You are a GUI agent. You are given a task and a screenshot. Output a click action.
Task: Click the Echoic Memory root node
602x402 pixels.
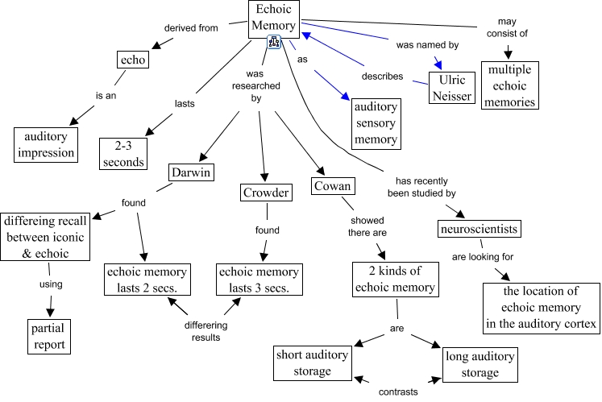point(274,17)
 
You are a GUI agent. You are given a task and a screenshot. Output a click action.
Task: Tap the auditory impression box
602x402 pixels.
point(46,143)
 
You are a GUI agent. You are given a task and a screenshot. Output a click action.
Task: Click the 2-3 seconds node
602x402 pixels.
point(123,152)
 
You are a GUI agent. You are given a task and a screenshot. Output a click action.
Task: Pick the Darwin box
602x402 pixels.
point(191,172)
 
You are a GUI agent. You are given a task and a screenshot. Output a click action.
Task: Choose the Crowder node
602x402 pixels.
point(264,192)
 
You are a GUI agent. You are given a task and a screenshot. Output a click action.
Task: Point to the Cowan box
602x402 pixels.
point(333,188)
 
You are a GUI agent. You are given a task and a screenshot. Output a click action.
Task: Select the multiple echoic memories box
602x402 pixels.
point(510,85)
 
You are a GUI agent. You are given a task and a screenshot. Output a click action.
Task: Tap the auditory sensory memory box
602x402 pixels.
point(376,122)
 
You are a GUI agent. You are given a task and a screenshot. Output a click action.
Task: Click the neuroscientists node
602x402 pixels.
point(479,229)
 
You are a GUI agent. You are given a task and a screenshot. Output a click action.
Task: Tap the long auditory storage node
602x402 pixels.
point(480,363)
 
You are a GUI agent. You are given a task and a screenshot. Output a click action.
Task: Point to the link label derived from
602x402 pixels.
point(191,28)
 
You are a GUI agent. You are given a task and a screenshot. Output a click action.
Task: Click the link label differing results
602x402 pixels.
point(205,331)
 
